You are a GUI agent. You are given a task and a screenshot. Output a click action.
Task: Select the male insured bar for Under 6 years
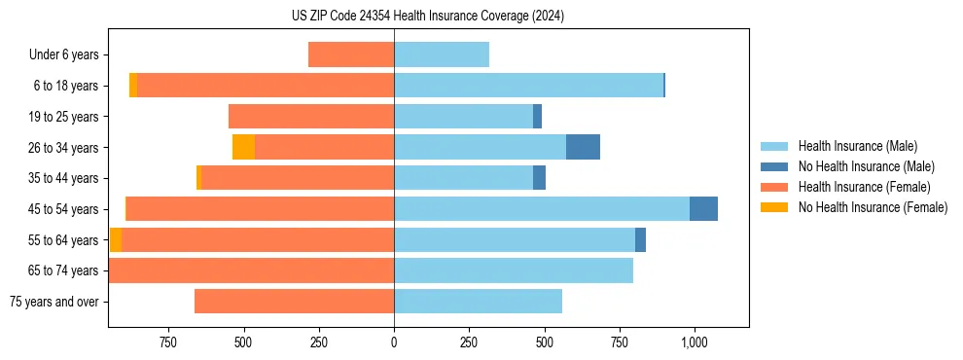(442, 54)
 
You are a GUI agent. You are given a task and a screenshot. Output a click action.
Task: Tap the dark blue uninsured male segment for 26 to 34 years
(583, 147)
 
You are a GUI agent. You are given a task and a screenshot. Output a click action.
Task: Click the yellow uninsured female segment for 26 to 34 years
(243, 147)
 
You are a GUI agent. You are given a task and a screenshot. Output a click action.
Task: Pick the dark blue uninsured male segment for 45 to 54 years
(703, 208)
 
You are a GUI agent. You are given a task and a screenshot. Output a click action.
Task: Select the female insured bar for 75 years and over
(294, 301)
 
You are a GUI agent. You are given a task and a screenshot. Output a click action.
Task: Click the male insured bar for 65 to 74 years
(514, 270)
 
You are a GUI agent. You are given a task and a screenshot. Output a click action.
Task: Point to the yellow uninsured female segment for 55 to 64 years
(116, 239)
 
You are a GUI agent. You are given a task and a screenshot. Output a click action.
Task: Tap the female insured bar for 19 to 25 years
(311, 116)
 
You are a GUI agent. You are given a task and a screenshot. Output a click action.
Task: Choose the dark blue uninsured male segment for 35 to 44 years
(539, 178)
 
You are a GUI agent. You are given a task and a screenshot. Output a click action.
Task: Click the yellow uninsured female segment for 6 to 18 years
(133, 86)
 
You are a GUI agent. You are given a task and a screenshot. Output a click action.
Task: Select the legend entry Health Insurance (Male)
(857, 146)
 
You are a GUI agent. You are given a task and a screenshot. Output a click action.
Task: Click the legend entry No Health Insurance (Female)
(873, 207)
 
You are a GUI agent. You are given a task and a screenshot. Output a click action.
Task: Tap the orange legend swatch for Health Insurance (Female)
(774, 187)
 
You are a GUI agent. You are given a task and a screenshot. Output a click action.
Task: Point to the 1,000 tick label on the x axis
(694, 342)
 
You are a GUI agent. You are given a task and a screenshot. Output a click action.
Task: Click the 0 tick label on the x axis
(394, 342)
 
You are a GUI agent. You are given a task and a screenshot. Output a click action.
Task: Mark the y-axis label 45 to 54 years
(64, 209)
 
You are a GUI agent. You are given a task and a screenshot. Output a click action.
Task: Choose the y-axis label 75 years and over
(54, 302)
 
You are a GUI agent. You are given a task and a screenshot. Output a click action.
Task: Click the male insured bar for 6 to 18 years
(528, 86)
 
